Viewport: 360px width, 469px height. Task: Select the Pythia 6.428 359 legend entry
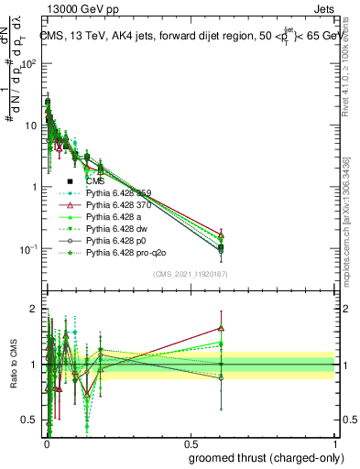[119, 203]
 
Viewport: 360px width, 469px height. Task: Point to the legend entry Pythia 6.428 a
[115, 226]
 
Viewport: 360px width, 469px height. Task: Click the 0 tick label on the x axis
[46, 444]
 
